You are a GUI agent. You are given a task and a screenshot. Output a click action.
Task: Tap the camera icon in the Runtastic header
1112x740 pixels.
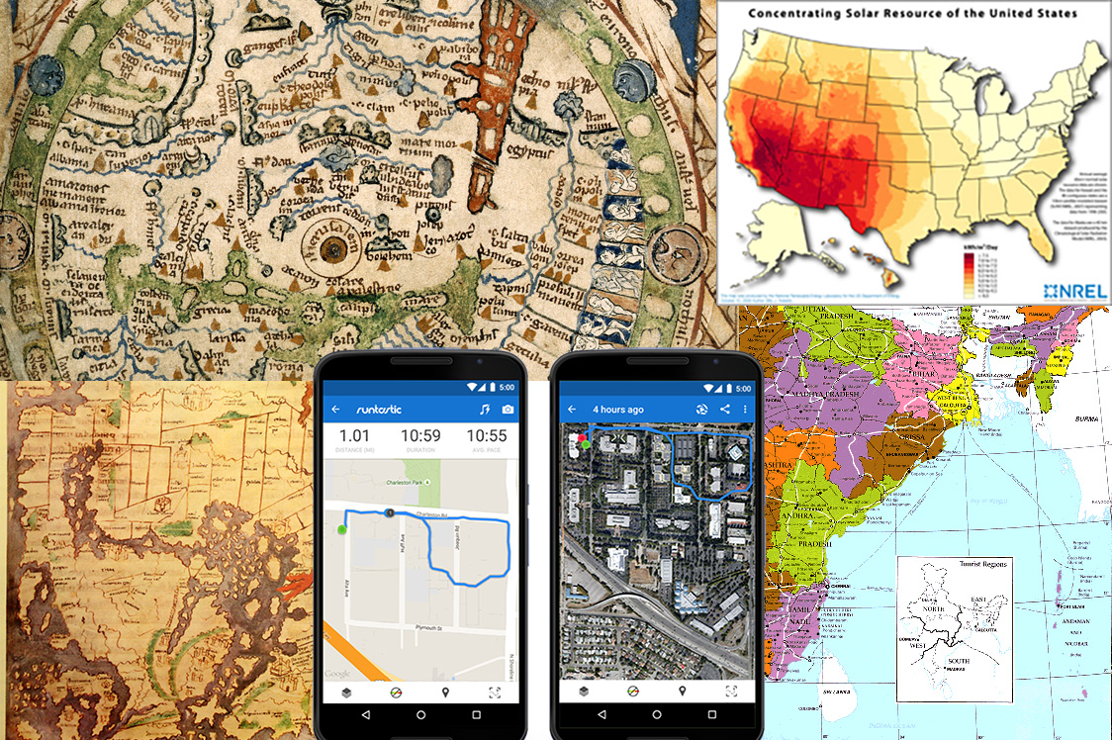(508, 409)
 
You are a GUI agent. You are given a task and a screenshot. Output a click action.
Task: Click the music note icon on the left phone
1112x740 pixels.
(484, 409)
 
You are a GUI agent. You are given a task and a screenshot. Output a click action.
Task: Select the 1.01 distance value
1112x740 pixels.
(354, 436)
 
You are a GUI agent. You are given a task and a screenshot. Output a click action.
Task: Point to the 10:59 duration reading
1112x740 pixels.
(421, 436)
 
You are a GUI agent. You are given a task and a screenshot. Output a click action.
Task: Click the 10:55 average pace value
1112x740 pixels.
(487, 436)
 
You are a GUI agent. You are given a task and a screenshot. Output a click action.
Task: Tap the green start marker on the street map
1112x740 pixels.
(342, 530)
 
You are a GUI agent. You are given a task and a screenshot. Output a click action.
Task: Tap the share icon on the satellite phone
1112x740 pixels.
(725, 410)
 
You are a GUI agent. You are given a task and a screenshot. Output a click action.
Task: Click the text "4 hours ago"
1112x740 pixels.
(618, 410)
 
